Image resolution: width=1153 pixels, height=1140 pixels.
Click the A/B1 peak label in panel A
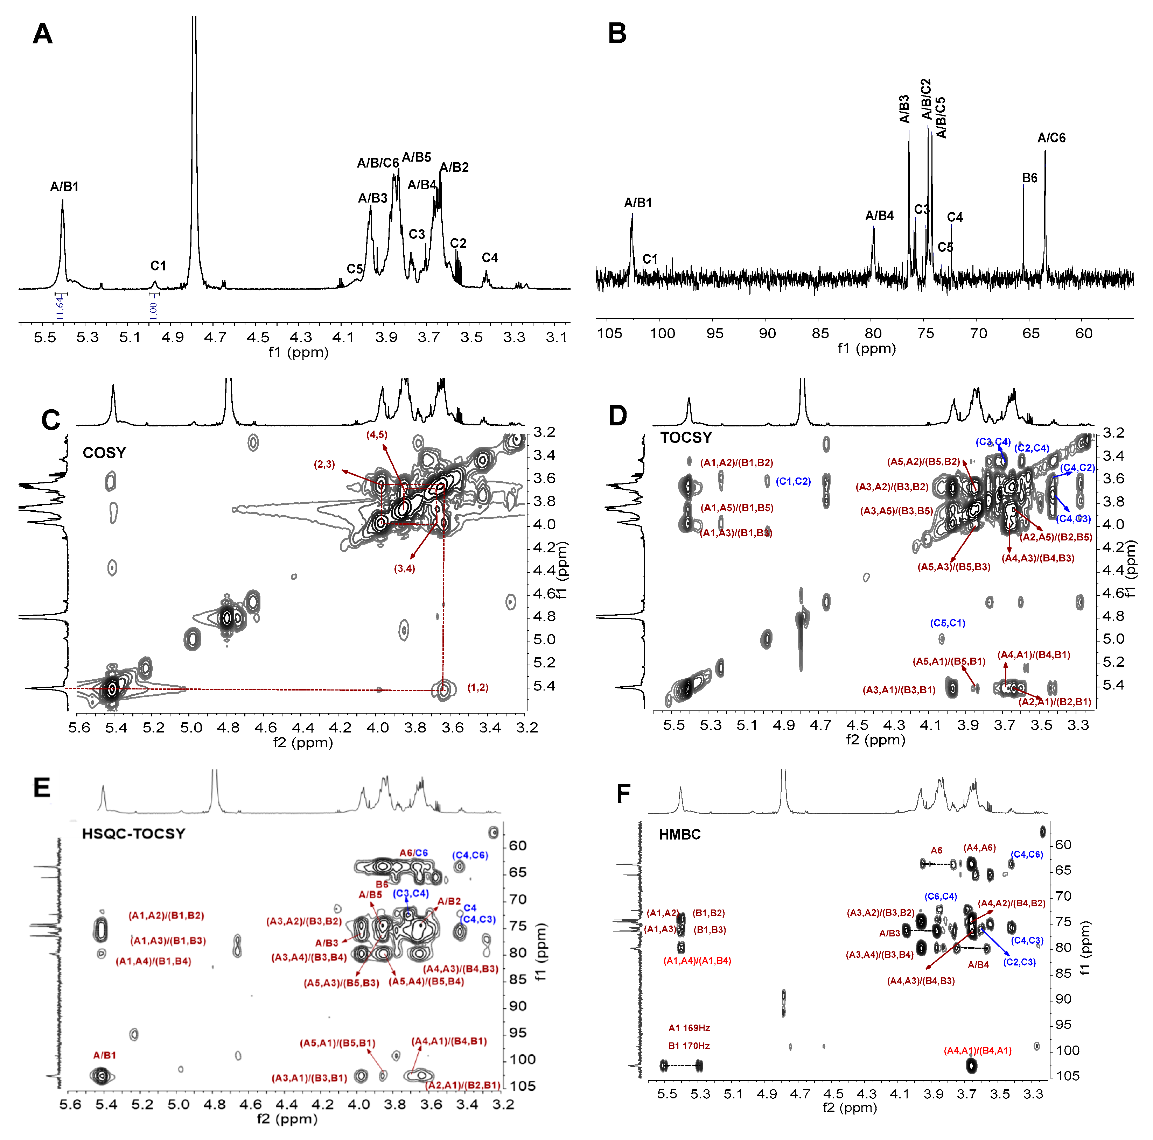coord(64,187)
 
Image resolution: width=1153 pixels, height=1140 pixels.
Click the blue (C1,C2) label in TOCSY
coord(793,481)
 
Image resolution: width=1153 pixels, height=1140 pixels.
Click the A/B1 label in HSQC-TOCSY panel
coord(104,1055)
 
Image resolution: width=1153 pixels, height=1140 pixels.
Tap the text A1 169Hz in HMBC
coord(689,1028)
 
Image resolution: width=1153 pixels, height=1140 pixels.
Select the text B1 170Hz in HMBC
coord(689,1046)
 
